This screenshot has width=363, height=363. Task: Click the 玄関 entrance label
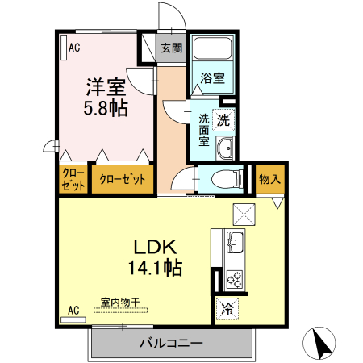click(x=171, y=48)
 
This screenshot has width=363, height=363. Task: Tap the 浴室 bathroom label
click(x=213, y=79)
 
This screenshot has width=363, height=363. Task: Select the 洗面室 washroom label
click(x=204, y=130)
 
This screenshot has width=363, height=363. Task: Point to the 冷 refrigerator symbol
click(x=227, y=307)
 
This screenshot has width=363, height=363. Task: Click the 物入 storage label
click(x=269, y=179)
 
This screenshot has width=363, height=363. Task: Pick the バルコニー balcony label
click(x=171, y=344)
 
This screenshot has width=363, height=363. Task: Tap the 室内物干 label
click(x=120, y=302)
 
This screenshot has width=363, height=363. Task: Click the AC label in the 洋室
click(x=74, y=48)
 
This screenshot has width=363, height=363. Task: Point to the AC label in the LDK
click(x=73, y=310)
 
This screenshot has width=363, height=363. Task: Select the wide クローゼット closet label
click(x=122, y=179)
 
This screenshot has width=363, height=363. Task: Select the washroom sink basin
click(x=227, y=148)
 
